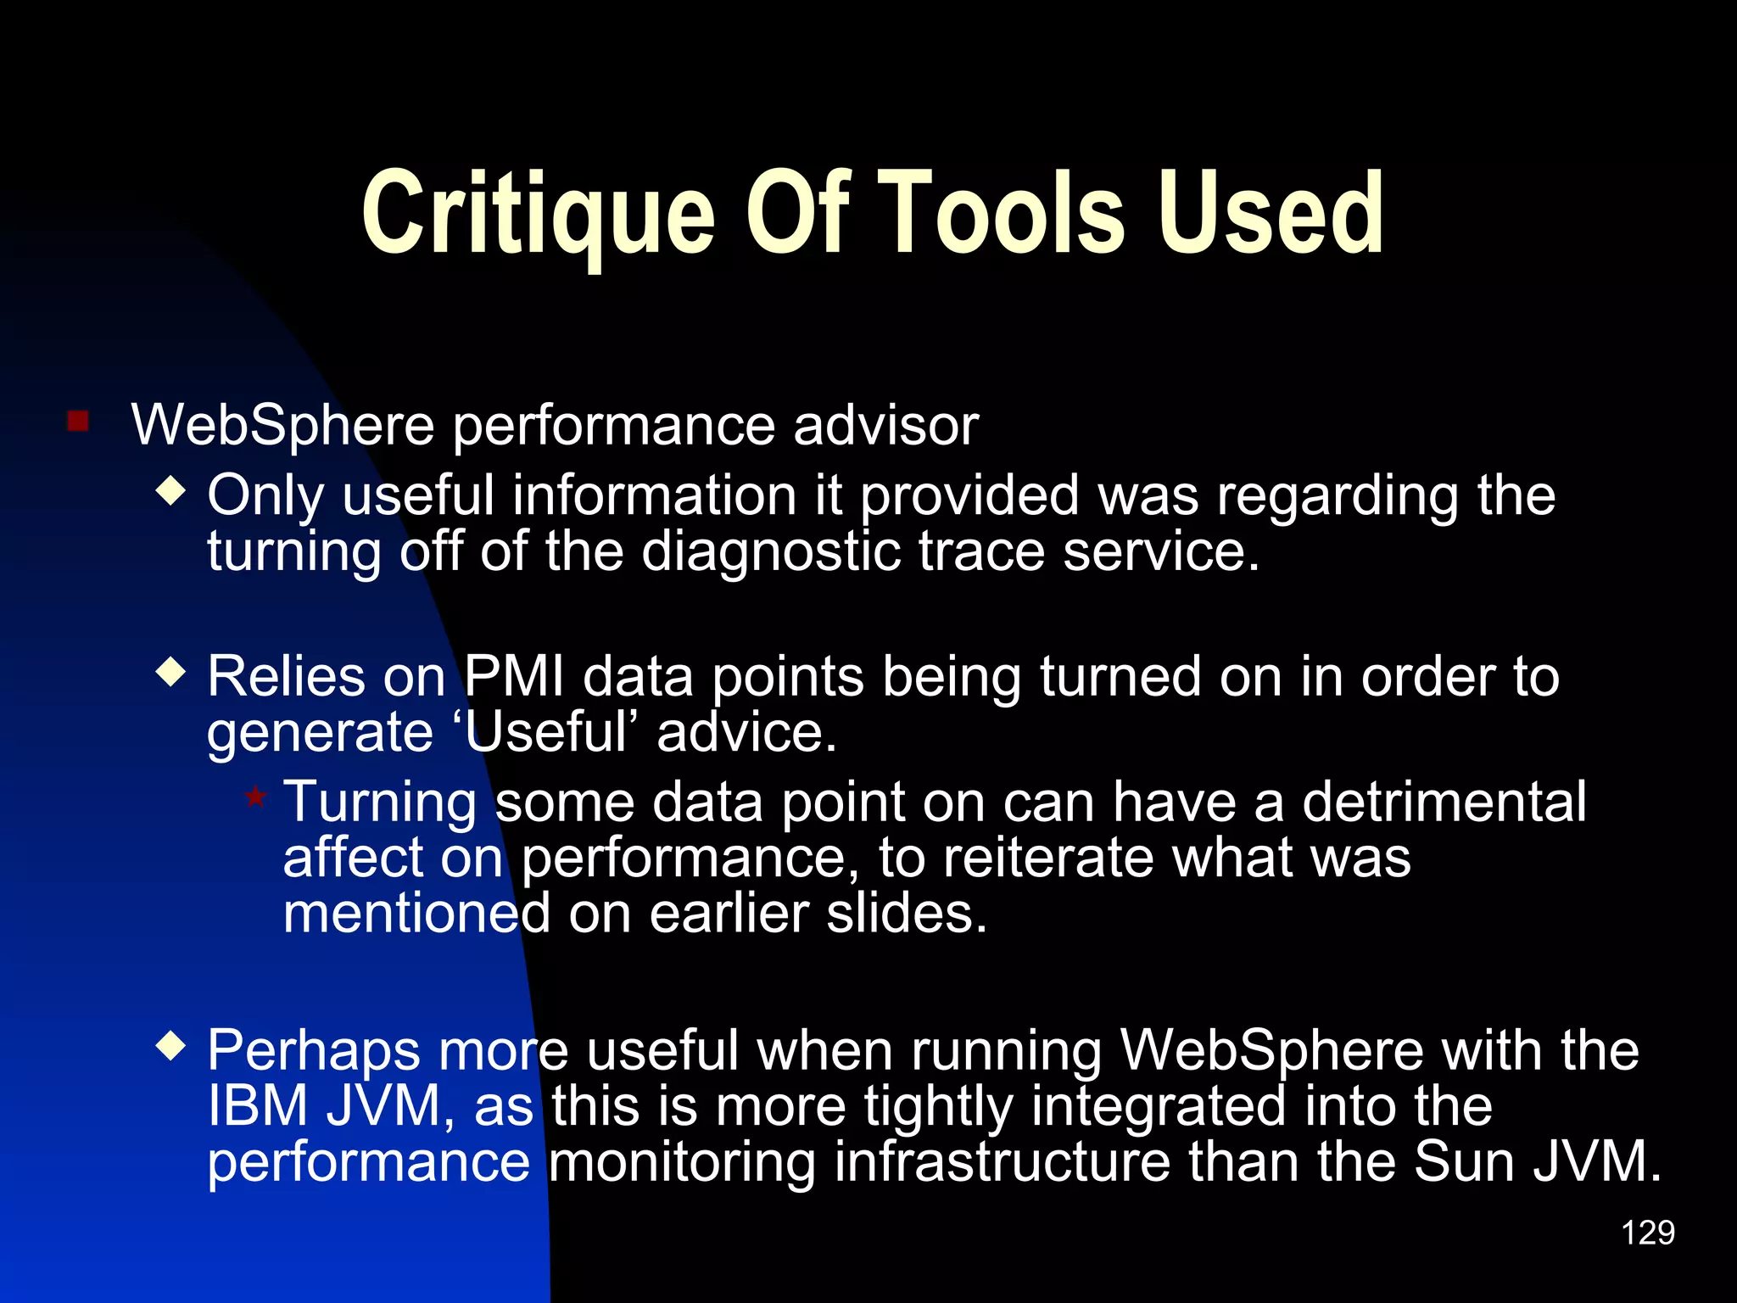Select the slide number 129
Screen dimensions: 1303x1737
pyautogui.click(x=1647, y=1233)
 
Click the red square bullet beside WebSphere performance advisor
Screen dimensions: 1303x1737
pyautogui.click(x=78, y=422)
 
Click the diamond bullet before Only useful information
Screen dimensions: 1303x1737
pyautogui.click(x=171, y=491)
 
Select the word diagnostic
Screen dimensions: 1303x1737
pyautogui.click(x=770, y=551)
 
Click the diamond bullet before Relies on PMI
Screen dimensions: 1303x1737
pyautogui.click(x=171, y=673)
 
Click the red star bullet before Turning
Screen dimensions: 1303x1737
pyautogui.click(x=255, y=797)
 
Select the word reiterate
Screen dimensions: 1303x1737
pyautogui.click(x=1048, y=858)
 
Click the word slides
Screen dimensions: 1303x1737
pyautogui.click(x=907, y=914)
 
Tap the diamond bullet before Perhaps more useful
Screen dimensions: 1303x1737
pyautogui.click(x=171, y=1047)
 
